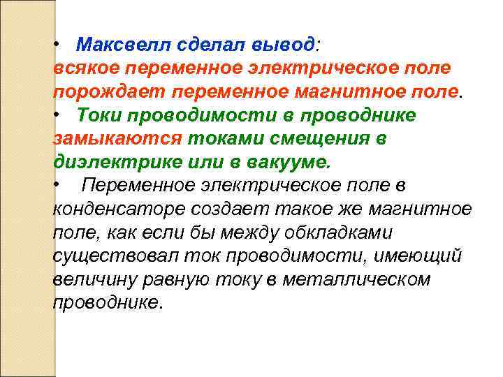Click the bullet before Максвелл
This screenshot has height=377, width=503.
coord(57,45)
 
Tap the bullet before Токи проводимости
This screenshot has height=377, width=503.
coord(57,115)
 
